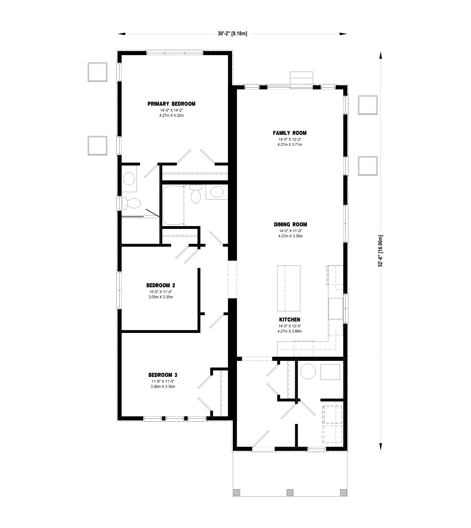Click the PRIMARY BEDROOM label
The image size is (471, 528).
click(x=171, y=104)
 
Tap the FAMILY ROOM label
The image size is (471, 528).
click(x=289, y=133)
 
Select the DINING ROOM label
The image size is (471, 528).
click(x=290, y=225)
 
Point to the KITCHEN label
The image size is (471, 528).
click(x=289, y=320)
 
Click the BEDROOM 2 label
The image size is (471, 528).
click(x=161, y=285)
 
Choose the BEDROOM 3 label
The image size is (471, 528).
click(x=163, y=375)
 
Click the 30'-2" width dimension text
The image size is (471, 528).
click(x=232, y=34)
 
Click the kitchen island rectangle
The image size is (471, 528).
click(x=289, y=288)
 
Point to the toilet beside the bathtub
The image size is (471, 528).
click(x=196, y=194)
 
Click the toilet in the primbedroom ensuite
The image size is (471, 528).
click(x=131, y=203)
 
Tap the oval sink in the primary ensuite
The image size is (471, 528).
click(x=129, y=179)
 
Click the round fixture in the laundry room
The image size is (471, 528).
click(x=308, y=372)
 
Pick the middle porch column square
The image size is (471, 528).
click(x=290, y=492)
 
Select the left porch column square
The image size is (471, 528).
click(x=236, y=492)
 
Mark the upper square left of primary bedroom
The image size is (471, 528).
click(x=98, y=72)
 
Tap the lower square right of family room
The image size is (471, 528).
click(x=368, y=166)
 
